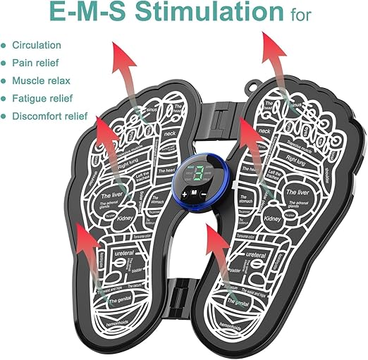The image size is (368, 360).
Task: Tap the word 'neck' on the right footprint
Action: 265,132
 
